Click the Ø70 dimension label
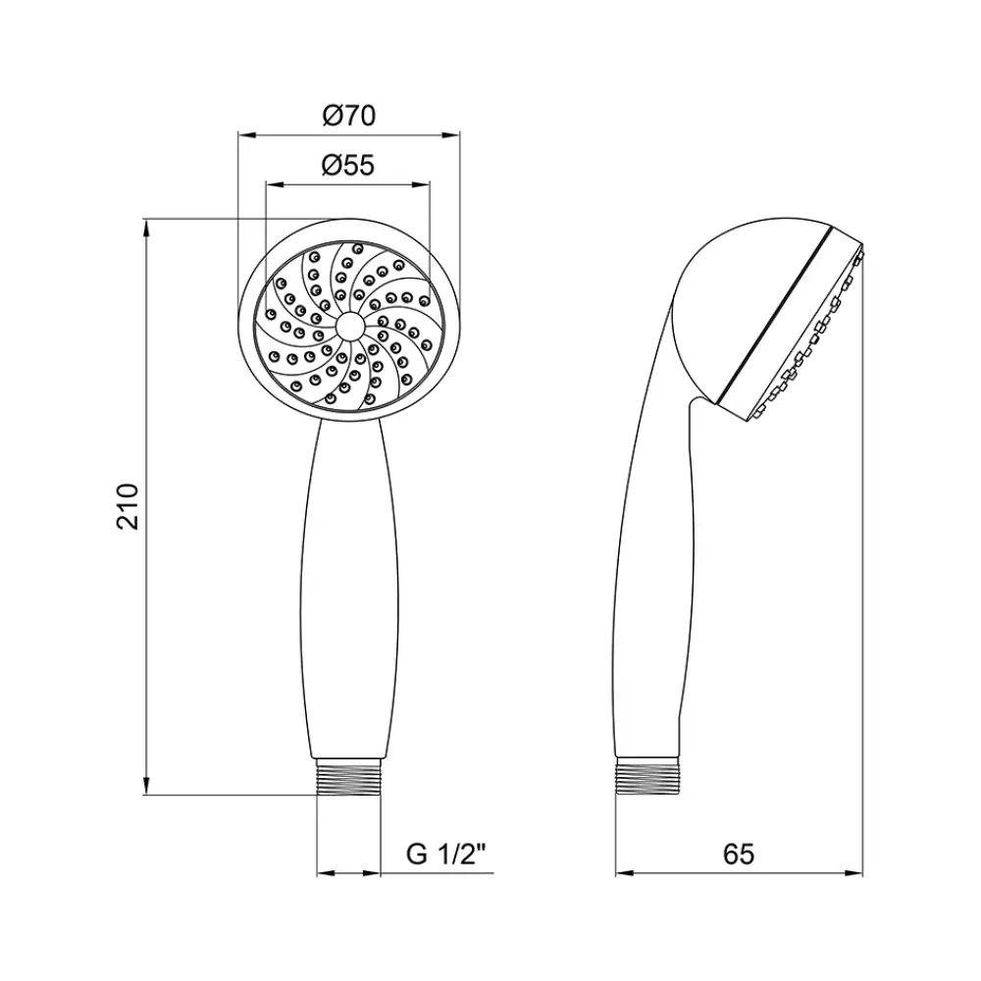pyautogui.click(x=349, y=116)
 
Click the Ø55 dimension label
pyautogui.click(x=348, y=166)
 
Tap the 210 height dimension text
pyautogui.click(x=128, y=507)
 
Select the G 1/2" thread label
pyautogui.click(x=446, y=854)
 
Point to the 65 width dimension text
pyautogui.click(x=739, y=854)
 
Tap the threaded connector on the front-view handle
pyautogui.click(x=349, y=777)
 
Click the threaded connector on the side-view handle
pyautogui.click(x=648, y=777)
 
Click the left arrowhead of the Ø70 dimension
pyautogui.click(x=247, y=134)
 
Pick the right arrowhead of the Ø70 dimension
pyautogui.click(x=451, y=134)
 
